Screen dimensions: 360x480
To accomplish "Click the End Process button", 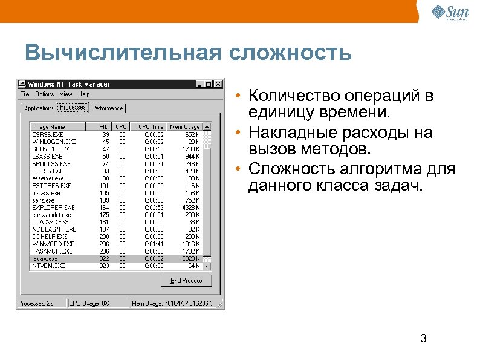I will tap(186, 280).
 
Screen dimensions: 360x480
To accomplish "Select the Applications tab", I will tap(39, 108).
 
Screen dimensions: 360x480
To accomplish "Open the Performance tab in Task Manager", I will tap(108, 108).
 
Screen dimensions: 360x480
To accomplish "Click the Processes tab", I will tap(73, 107).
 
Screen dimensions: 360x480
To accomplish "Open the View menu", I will tap(66, 94).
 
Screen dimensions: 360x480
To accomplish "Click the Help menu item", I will tap(84, 94).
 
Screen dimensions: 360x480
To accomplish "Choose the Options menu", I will tap(44, 94).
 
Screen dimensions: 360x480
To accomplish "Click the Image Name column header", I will tap(50, 126).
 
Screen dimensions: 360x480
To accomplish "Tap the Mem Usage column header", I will tap(184, 126).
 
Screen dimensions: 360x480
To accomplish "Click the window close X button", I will tap(218, 84).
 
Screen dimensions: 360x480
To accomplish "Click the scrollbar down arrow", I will tap(207, 266).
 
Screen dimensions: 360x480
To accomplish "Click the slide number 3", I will tap(423, 339).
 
